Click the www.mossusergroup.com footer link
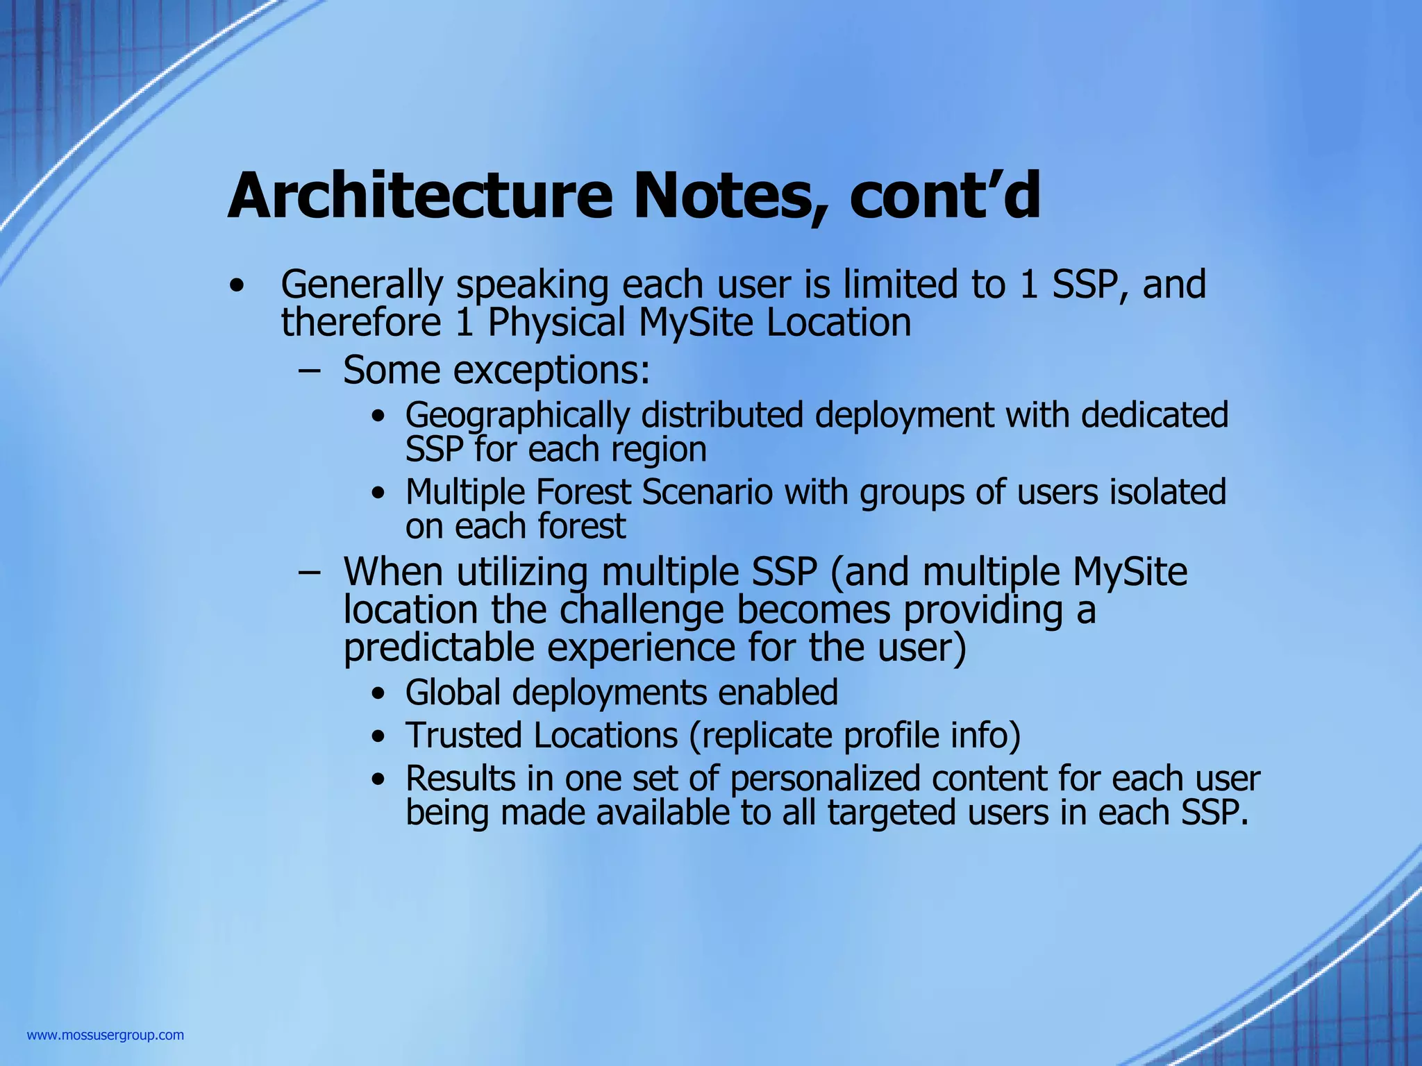coord(106,1035)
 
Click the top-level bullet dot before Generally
coord(237,286)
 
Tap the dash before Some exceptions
coord(309,371)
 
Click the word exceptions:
coord(552,371)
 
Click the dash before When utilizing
coord(309,573)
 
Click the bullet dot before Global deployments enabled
coord(378,694)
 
